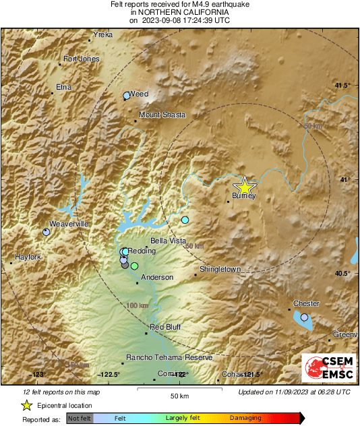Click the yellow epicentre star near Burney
(245, 187)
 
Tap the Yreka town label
(103, 34)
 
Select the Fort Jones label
(82, 59)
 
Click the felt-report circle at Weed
(126, 96)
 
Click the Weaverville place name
(69, 224)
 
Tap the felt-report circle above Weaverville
(46, 232)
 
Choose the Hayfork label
(29, 257)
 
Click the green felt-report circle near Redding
(134, 267)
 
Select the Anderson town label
(157, 277)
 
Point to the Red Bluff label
(165, 327)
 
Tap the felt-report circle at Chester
(304, 317)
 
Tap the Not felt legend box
(80, 418)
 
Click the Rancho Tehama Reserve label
(169, 357)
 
